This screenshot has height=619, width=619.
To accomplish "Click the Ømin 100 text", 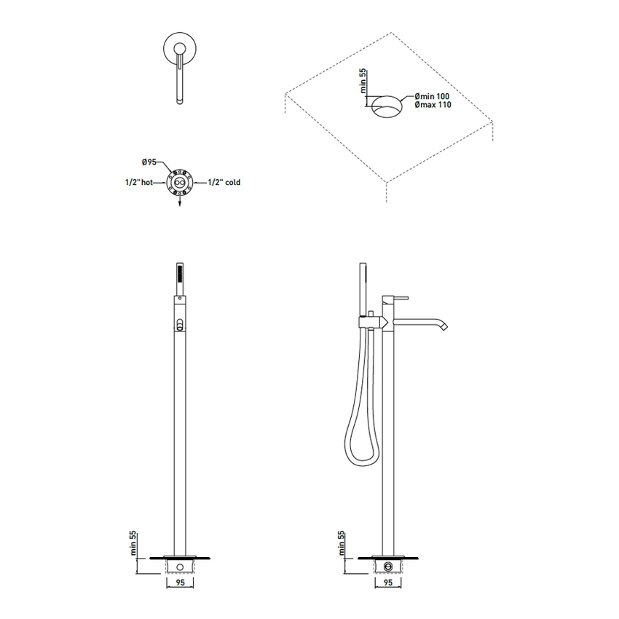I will click(433, 96).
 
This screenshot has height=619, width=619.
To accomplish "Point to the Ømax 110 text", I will click(433, 106).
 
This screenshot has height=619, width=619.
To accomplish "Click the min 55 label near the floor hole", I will click(362, 82).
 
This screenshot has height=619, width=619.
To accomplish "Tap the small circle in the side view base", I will click(388, 565).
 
